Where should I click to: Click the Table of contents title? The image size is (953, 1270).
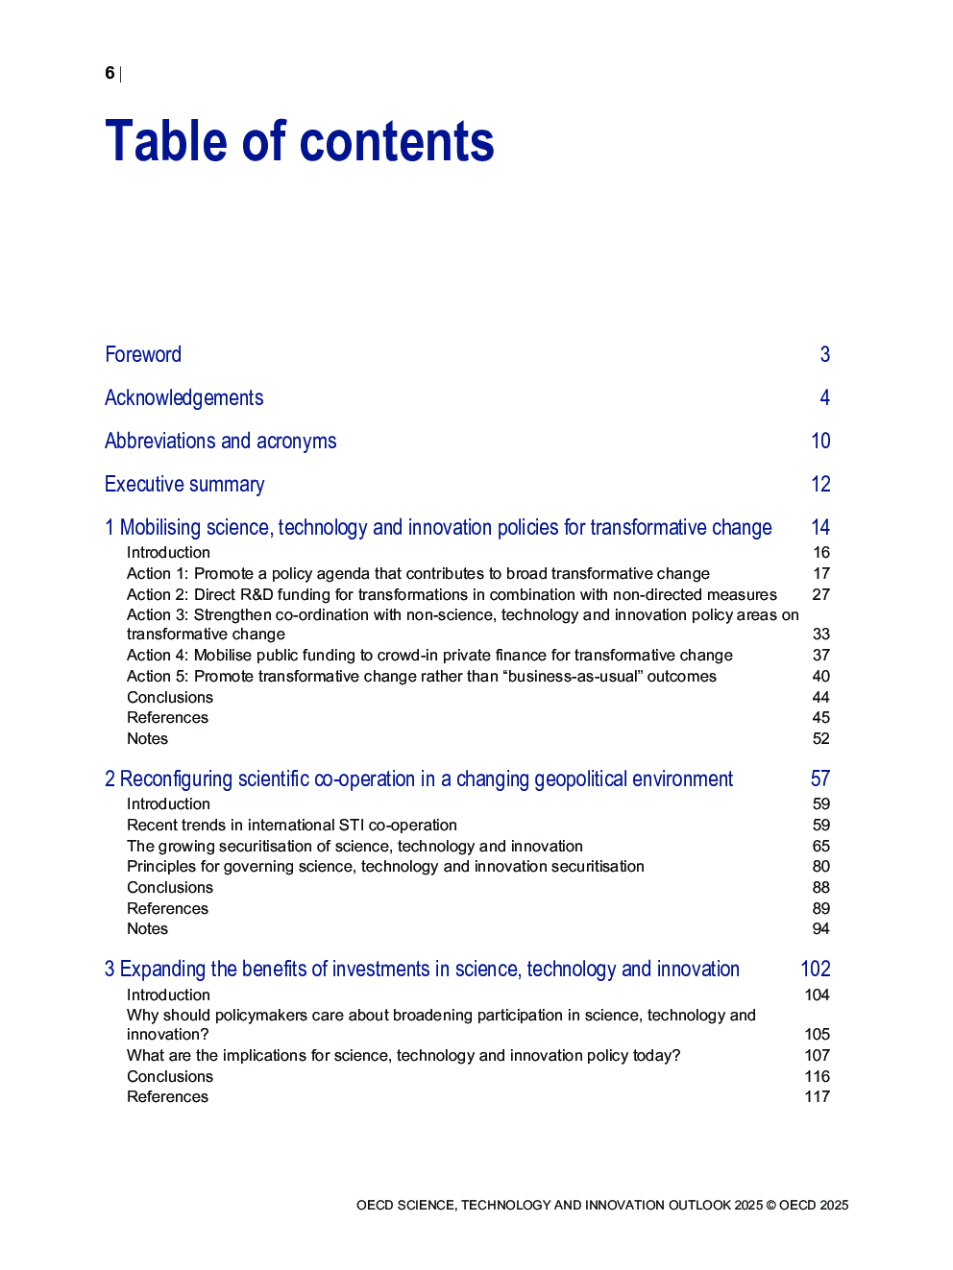click(299, 142)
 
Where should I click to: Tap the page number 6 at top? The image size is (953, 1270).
click(110, 73)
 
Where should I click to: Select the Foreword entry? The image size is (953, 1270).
click(143, 354)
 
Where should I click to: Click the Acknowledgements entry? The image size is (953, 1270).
click(183, 397)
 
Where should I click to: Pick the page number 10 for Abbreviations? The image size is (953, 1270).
click(820, 441)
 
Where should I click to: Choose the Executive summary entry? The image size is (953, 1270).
click(184, 484)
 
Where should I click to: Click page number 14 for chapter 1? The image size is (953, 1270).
click(820, 527)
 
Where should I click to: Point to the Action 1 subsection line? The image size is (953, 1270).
click(418, 573)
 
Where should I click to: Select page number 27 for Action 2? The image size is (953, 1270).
click(820, 594)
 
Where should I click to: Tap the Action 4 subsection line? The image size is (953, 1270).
click(429, 655)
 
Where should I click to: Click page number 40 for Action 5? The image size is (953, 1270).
click(820, 676)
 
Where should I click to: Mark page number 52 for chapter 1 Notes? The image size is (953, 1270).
click(820, 738)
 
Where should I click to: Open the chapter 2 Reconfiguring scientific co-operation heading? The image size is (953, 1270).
click(419, 779)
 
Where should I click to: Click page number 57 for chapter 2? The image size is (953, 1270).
click(820, 779)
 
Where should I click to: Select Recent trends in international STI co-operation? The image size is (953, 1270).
click(292, 825)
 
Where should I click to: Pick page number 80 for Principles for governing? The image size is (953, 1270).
click(820, 866)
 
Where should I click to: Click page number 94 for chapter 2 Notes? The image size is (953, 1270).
click(820, 928)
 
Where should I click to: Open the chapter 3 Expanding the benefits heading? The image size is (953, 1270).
click(422, 969)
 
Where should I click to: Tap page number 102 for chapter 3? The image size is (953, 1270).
click(816, 969)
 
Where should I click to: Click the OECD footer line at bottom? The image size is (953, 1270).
click(602, 1205)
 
